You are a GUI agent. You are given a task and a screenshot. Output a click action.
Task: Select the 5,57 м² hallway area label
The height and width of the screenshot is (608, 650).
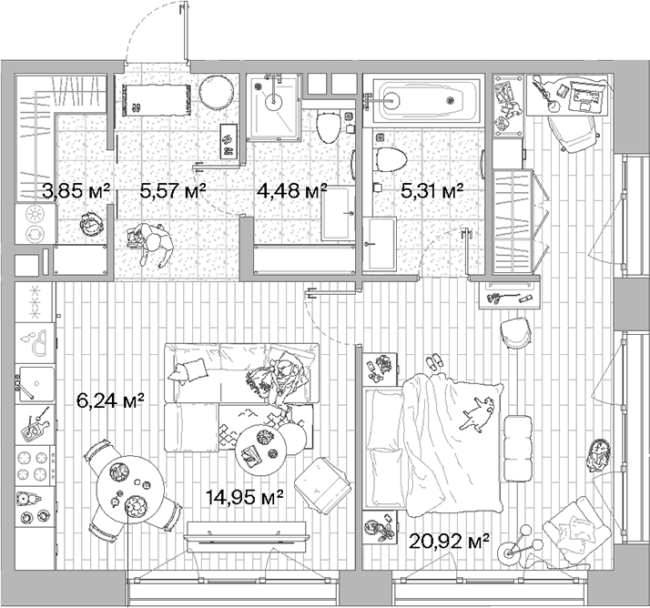pyautogui.click(x=172, y=190)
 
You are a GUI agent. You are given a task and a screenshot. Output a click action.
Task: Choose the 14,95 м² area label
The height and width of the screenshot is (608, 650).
pyautogui.click(x=244, y=496)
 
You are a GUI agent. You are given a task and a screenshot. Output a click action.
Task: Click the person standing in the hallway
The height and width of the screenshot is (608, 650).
pyautogui.click(x=150, y=246)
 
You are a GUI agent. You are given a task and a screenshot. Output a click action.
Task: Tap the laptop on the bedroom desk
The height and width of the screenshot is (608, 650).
pyautogui.click(x=583, y=95)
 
